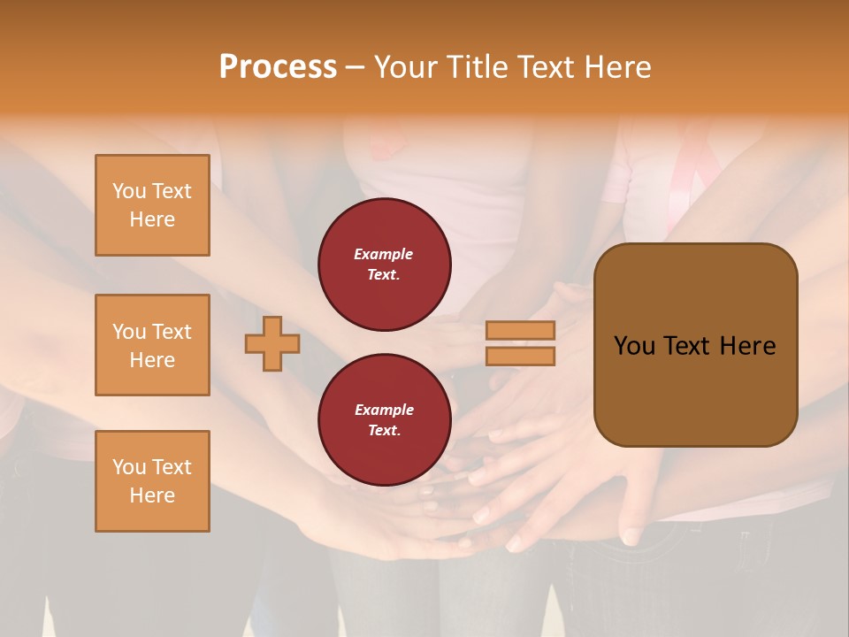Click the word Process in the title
(x=278, y=66)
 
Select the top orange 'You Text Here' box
(x=152, y=205)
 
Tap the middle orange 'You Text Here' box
(x=152, y=345)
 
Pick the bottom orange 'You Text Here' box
(x=152, y=481)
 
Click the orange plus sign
(x=272, y=344)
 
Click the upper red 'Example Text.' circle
(x=384, y=265)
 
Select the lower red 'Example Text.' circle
(x=384, y=420)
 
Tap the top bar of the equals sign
(x=520, y=331)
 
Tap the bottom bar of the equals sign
(x=520, y=356)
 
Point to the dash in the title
(x=355, y=67)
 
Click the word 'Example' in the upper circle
(x=384, y=254)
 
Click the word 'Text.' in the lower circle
(x=384, y=431)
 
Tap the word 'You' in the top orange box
(x=128, y=191)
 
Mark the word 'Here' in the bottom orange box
(x=152, y=495)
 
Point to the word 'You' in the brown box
(x=634, y=346)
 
